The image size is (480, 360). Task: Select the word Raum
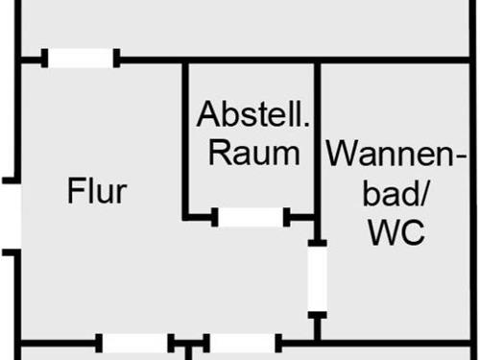[x=254, y=153]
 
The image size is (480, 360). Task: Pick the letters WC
[x=396, y=232]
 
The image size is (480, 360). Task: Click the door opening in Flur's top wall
[x=83, y=59]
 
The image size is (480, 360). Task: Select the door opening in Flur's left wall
[x=10, y=216]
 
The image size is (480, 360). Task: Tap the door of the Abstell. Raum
[x=252, y=218]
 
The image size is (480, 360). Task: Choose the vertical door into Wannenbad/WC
[x=317, y=278]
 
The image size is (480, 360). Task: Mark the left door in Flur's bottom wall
[x=134, y=342]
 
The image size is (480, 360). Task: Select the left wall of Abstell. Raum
[x=186, y=139]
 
